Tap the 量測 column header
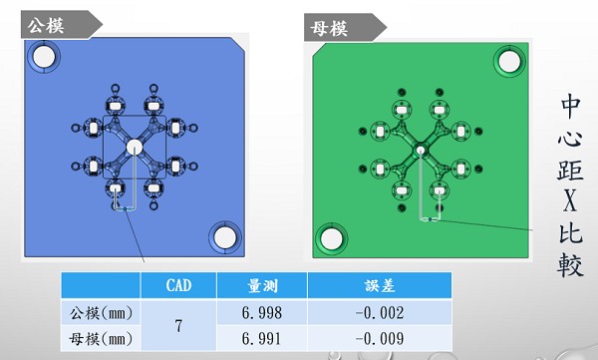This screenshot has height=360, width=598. (260, 286)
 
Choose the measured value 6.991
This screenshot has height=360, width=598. (260, 340)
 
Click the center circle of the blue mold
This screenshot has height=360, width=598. (135, 147)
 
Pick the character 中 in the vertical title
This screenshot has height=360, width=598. (571, 105)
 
